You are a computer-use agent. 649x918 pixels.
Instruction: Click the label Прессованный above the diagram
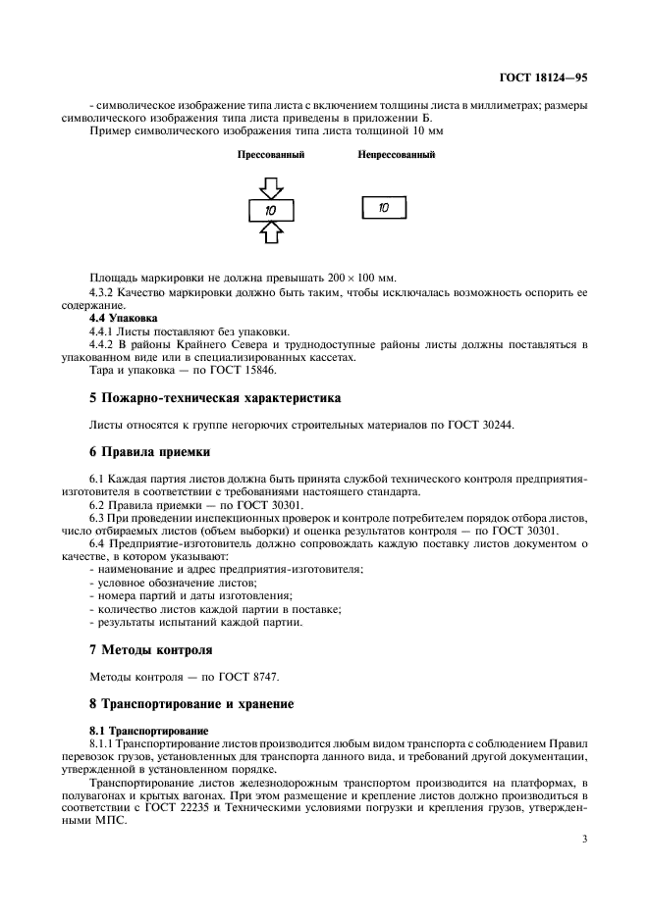click(271, 155)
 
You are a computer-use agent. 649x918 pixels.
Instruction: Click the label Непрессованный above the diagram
click(396, 155)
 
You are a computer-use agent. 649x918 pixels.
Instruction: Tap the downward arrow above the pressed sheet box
click(272, 187)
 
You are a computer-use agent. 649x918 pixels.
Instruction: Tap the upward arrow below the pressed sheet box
click(272, 232)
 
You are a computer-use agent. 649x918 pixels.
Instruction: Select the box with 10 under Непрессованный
click(384, 208)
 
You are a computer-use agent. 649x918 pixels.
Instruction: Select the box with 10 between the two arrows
click(272, 210)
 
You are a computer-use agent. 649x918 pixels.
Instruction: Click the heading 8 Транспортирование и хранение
click(190, 703)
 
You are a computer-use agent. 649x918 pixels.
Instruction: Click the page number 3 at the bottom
click(583, 839)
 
